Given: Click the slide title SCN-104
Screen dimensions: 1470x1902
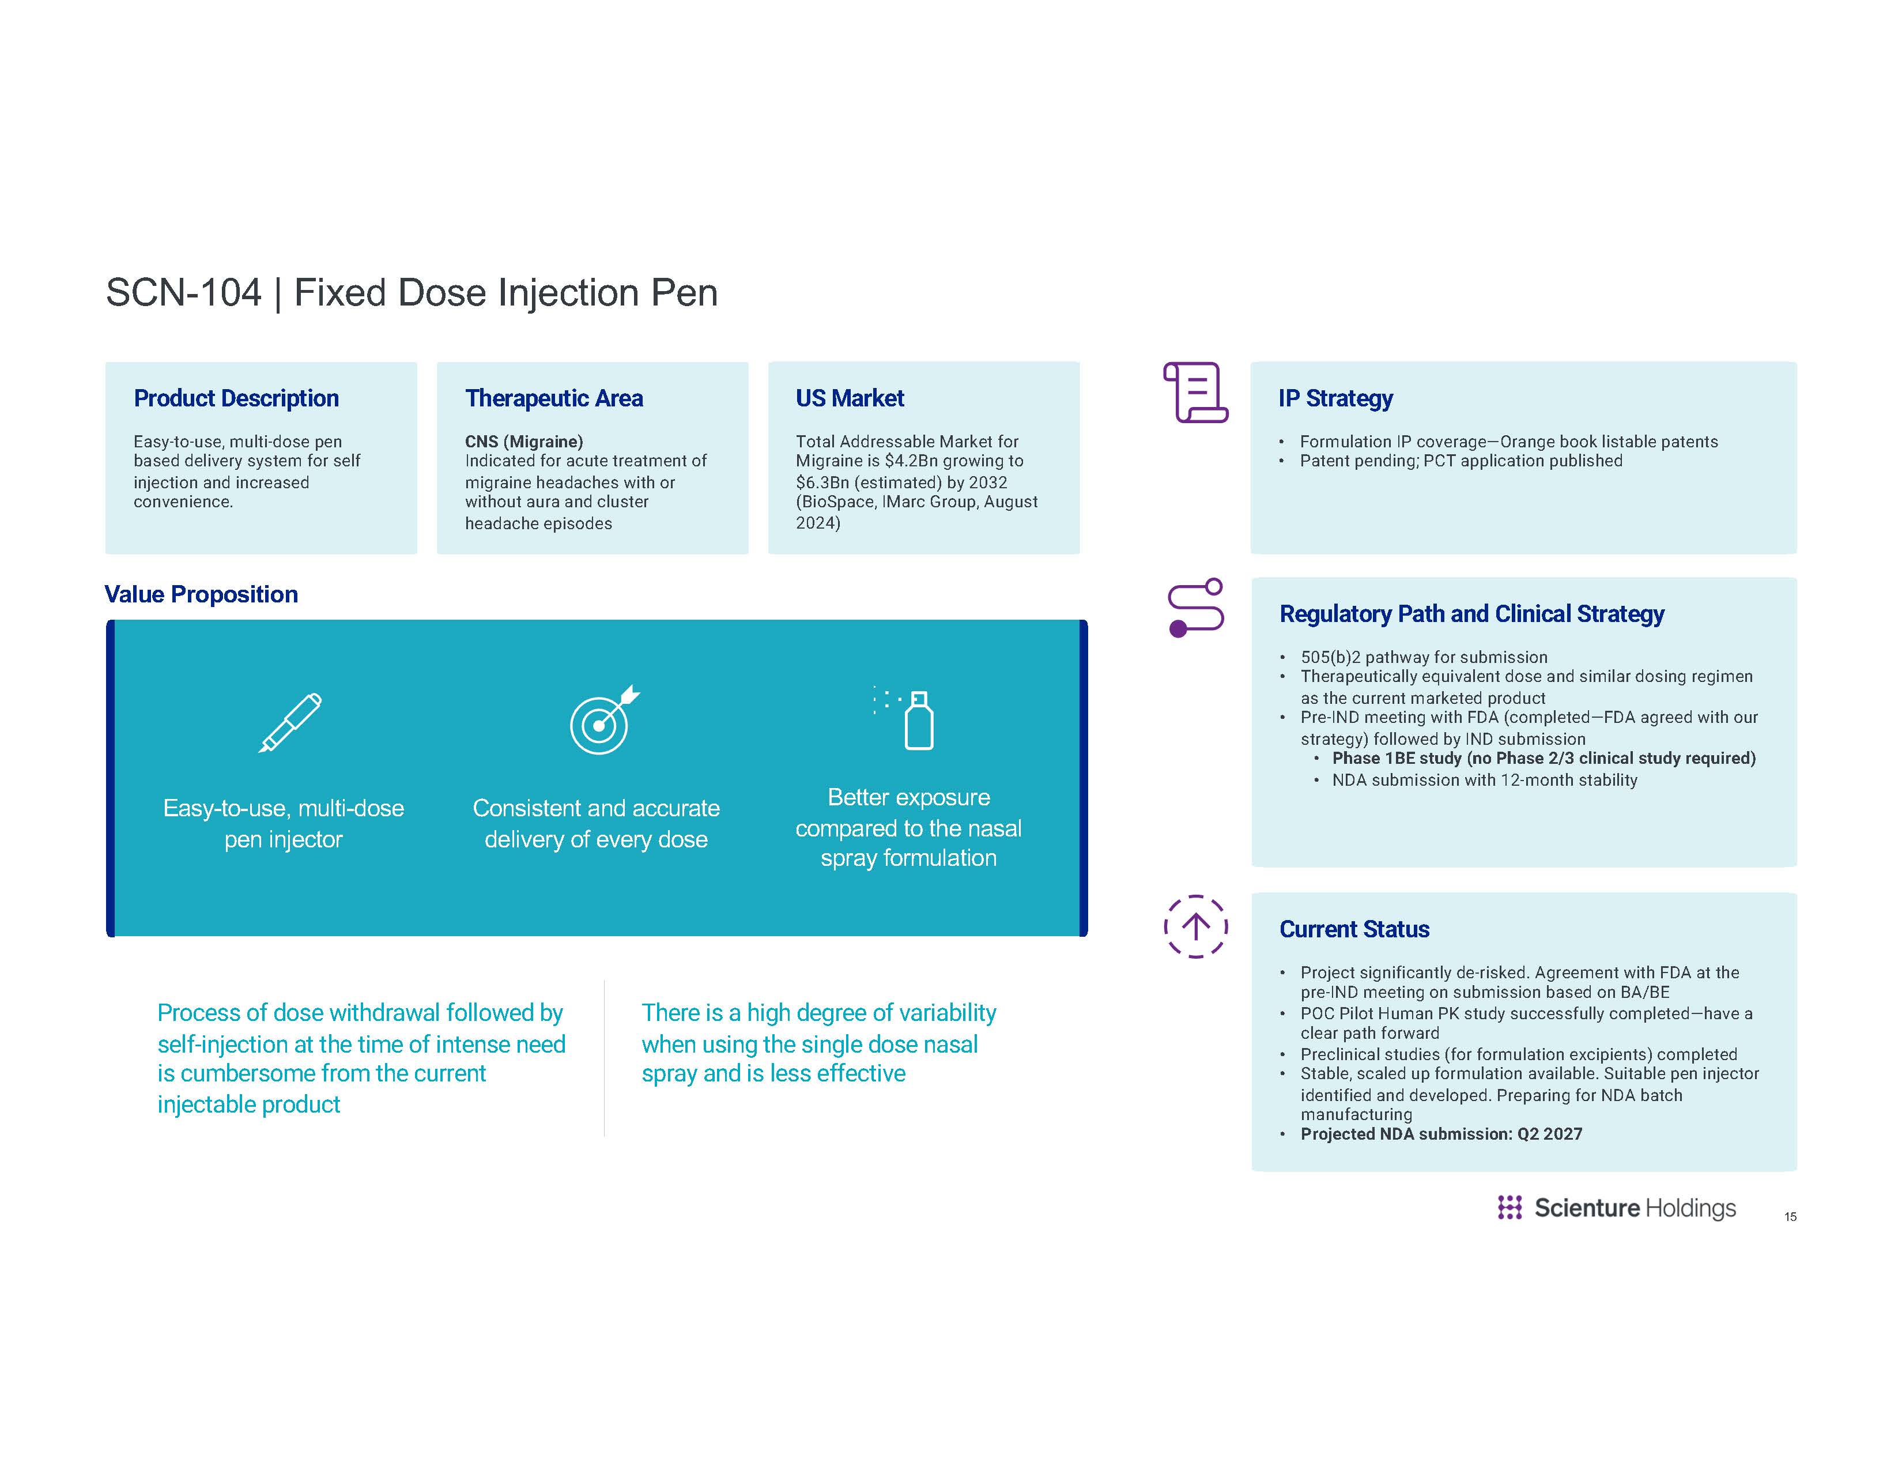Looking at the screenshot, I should (x=183, y=293).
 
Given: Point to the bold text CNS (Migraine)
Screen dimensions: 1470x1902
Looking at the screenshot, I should (x=523, y=442).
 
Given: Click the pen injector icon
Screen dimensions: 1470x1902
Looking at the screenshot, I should (x=290, y=723).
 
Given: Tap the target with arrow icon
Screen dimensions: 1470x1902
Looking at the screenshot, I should (x=603, y=720).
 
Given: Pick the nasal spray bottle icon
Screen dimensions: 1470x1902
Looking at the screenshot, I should (x=911, y=719).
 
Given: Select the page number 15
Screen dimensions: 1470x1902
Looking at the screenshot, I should (x=1790, y=1216).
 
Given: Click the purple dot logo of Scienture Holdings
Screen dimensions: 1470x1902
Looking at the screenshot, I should (x=1509, y=1207).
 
